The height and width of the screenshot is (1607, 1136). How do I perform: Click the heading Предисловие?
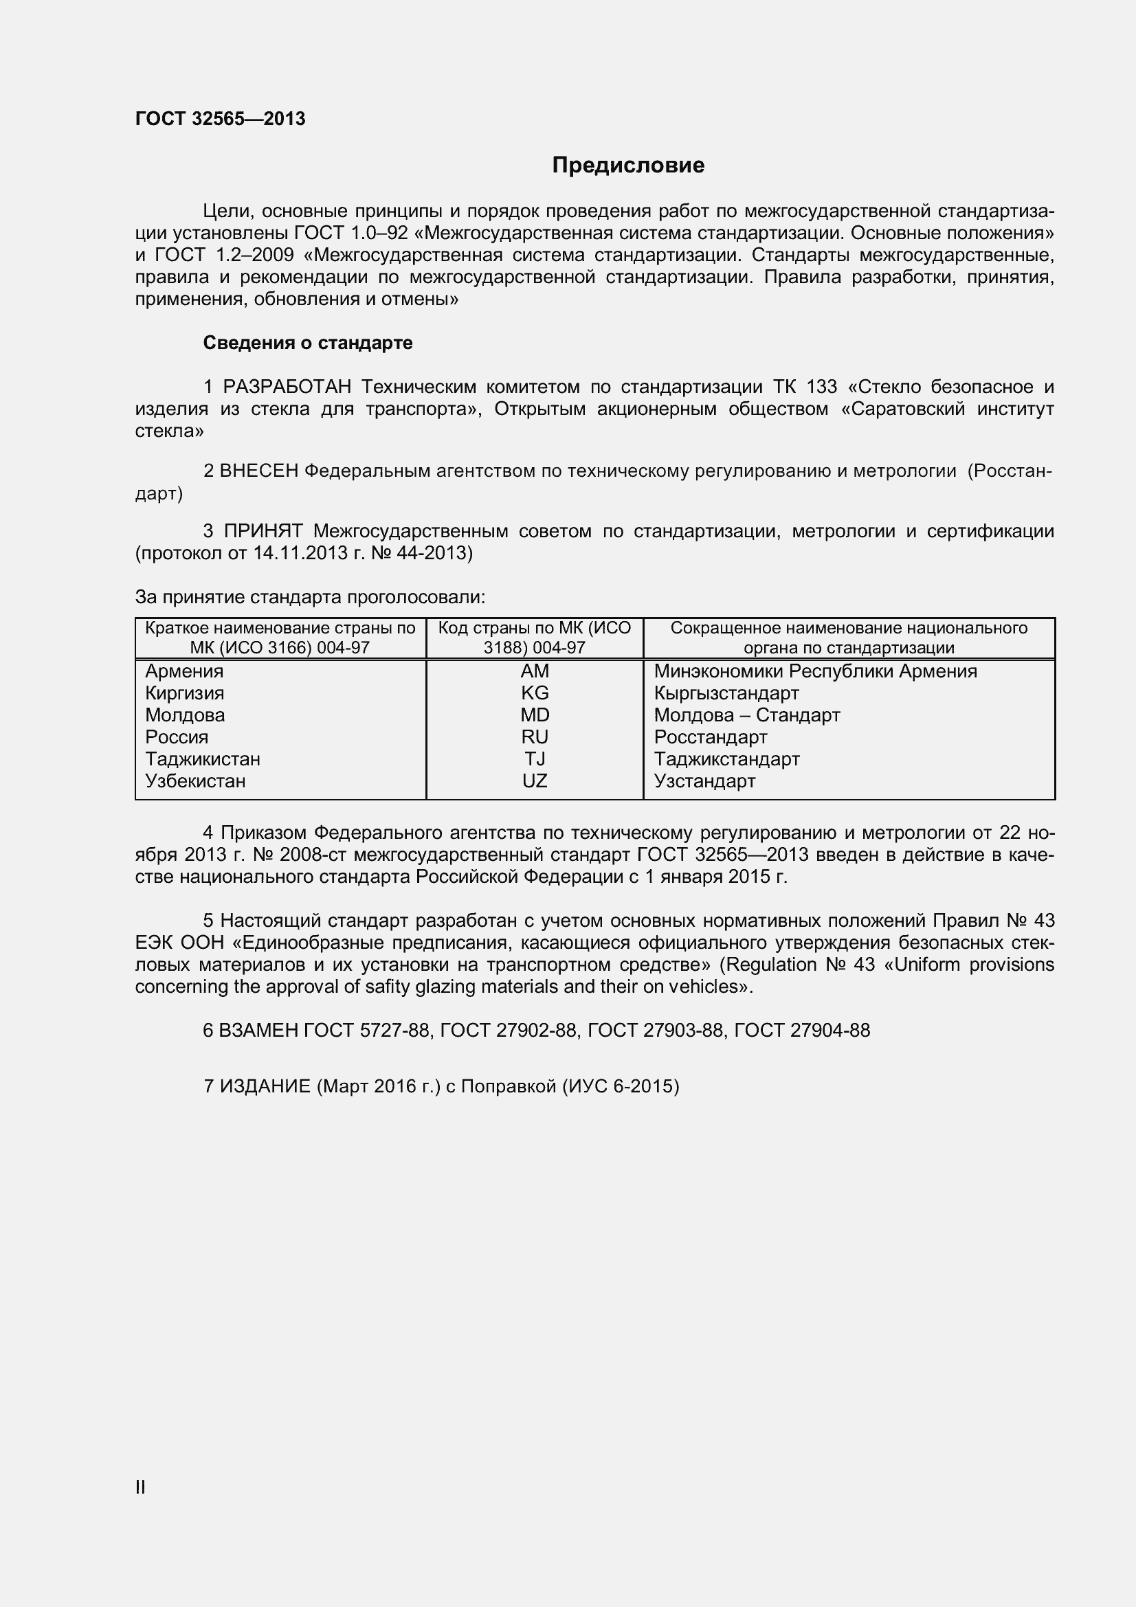click(x=628, y=165)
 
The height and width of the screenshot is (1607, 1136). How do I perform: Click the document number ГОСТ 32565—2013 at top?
click(x=220, y=119)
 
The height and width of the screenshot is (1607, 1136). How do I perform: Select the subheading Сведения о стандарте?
click(x=307, y=343)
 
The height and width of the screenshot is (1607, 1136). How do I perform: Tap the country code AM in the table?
click(x=535, y=671)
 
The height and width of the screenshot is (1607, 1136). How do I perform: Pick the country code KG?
click(x=535, y=693)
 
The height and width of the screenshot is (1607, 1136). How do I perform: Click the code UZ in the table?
click(x=535, y=781)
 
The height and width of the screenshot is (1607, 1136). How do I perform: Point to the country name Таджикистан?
click(x=202, y=758)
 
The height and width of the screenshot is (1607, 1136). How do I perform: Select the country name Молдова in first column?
click(x=185, y=715)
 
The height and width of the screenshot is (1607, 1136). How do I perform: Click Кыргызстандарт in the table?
click(x=726, y=693)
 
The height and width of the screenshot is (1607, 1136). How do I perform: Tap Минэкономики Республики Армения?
click(x=815, y=671)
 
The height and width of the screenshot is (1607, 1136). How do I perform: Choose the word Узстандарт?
click(x=704, y=781)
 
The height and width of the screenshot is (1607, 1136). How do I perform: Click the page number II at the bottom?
click(x=140, y=1488)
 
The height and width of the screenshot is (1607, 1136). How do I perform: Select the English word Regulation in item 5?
click(x=770, y=965)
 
